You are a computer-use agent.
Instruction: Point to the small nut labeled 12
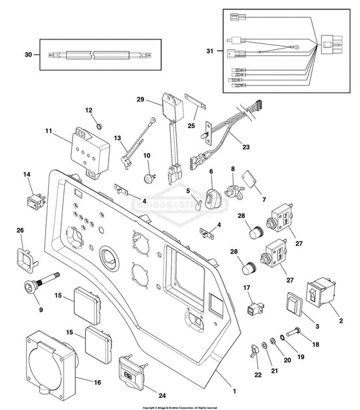98,126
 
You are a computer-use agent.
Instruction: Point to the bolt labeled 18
294,333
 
